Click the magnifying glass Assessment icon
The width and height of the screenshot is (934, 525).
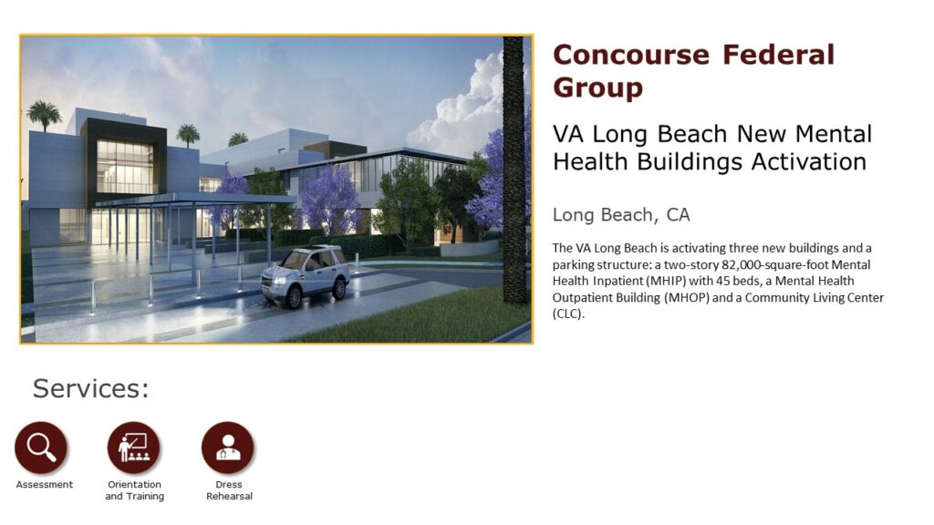[41, 447]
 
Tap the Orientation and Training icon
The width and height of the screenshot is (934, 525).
[134, 448]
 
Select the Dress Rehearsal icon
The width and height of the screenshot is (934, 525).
[228, 448]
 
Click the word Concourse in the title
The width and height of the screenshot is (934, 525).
[631, 55]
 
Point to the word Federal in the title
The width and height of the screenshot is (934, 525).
[779, 55]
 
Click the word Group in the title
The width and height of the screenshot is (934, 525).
[598, 88]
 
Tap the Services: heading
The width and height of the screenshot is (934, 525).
[90, 388]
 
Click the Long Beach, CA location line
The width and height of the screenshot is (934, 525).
[620, 215]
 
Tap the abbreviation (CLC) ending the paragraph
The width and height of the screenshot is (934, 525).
[568, 314]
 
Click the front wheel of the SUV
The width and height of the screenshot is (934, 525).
[293, 297]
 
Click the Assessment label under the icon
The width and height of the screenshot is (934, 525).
[45, 485]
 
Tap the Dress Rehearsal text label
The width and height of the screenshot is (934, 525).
[229, 490]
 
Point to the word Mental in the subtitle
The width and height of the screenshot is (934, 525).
[834, 134]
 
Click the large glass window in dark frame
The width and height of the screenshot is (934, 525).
[123, 166]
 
